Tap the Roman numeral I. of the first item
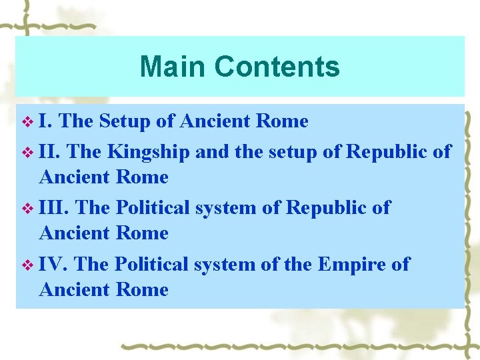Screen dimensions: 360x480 pos(47,121)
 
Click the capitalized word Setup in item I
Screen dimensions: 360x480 pos(125,121)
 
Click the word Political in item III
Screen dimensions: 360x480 pos(153,207)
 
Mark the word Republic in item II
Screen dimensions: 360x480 pos(387,152)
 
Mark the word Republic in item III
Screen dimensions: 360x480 pos(327,207)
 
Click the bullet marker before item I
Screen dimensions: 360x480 pos(27,122)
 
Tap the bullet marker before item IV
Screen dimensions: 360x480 pos(27,265)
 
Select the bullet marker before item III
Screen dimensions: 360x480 pos(27,208)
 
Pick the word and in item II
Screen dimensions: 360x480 pos(211,151)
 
